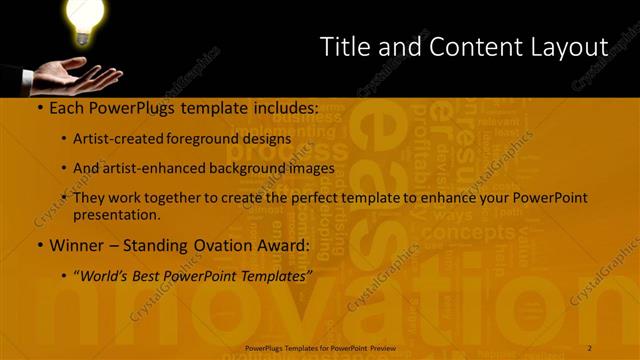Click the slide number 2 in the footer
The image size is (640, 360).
coord(590,348)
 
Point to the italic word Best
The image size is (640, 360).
coord(151,274)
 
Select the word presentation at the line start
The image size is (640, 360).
coord(117,215)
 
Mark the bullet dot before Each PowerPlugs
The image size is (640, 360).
coord(39,108)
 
